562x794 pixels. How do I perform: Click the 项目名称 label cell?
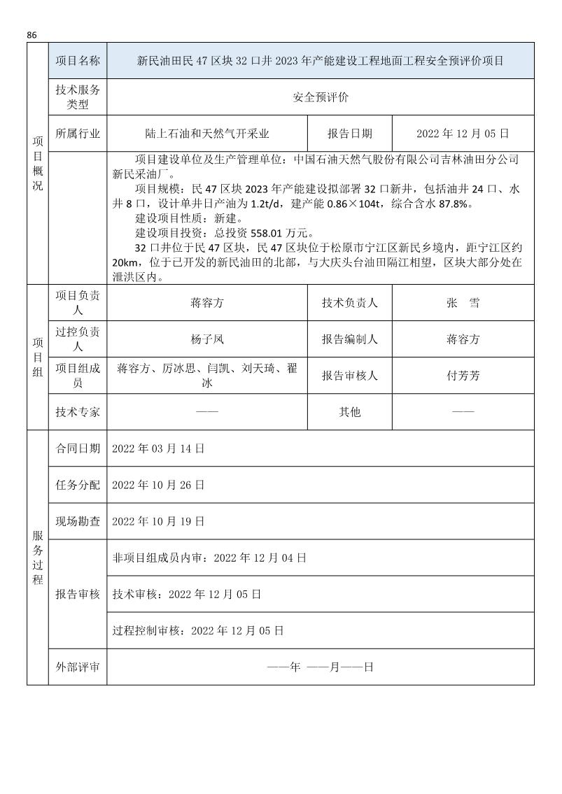point(78,61)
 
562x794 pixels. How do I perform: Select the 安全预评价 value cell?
point(320,97)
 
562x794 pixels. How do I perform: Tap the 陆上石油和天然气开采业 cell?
point(207,134)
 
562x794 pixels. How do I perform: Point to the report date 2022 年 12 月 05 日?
point(462,134)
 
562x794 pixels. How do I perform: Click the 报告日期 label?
point(350,134)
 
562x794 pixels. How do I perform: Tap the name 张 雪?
point(463,303)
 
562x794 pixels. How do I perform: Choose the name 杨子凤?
point(207,339)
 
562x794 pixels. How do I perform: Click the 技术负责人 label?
point(350,303)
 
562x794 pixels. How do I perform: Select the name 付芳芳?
point(463,376)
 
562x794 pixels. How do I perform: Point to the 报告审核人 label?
point(350,376)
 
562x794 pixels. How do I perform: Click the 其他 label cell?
point(350,412)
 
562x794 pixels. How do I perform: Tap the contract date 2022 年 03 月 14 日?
point(158,448)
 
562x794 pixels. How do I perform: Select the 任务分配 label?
point(78,485)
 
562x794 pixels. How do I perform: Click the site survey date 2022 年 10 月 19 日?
point(158,521)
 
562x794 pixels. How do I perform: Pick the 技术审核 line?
point(186,594)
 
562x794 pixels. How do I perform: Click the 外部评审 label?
point(78,667)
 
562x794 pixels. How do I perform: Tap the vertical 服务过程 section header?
point(38,557)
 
